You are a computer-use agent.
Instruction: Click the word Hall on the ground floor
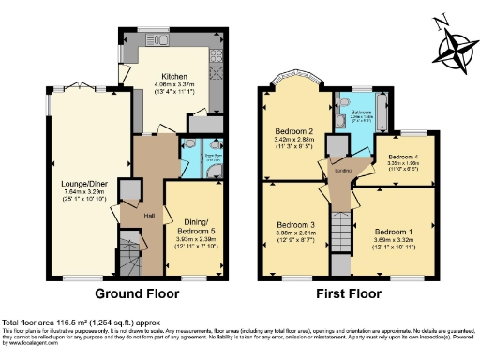point(136,214)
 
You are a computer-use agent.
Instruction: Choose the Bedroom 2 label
point(294,130)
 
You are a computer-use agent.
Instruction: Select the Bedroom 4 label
point(404,153)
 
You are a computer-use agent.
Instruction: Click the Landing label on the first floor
point(343,170)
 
